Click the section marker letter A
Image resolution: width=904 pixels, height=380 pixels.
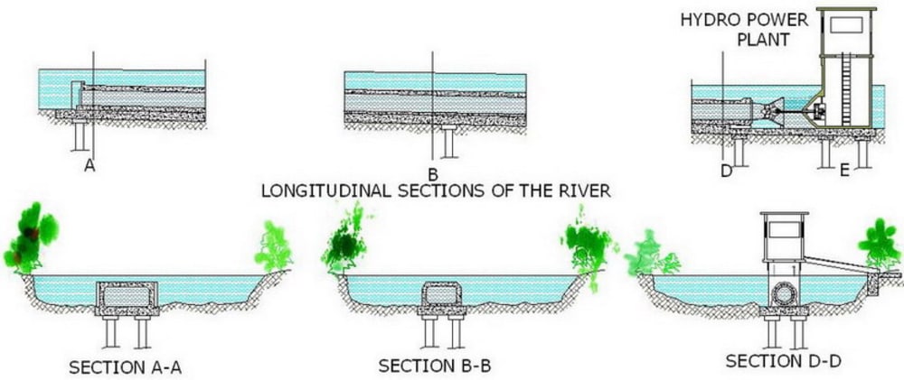[89, 165]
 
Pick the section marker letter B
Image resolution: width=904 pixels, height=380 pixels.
[433, 171]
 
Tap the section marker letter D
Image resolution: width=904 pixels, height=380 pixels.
[725, 169]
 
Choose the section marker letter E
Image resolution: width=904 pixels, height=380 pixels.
[843, 170]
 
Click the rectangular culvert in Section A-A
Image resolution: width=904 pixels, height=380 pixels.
[127, 295]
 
